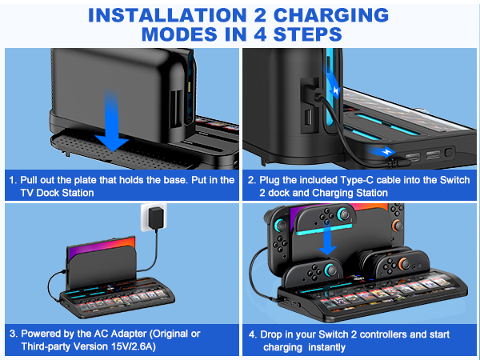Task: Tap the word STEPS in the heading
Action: pos(303,35)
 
